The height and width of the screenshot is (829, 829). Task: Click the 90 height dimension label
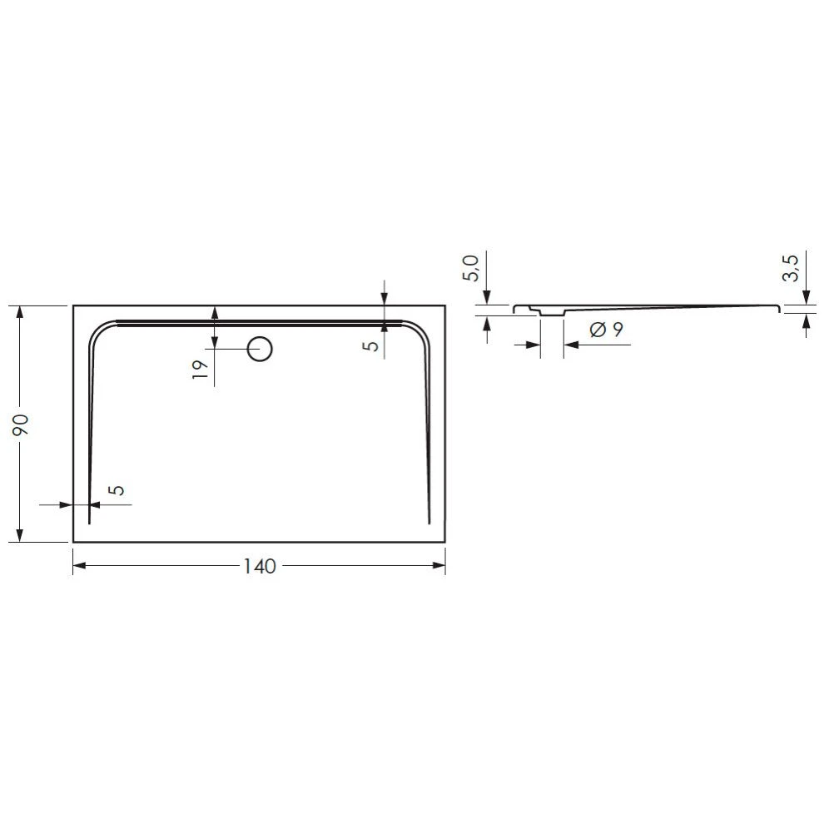click(22, 424)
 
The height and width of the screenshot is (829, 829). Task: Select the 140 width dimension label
click(259, 566)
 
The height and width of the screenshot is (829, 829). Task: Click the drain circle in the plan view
click(261, 349)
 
